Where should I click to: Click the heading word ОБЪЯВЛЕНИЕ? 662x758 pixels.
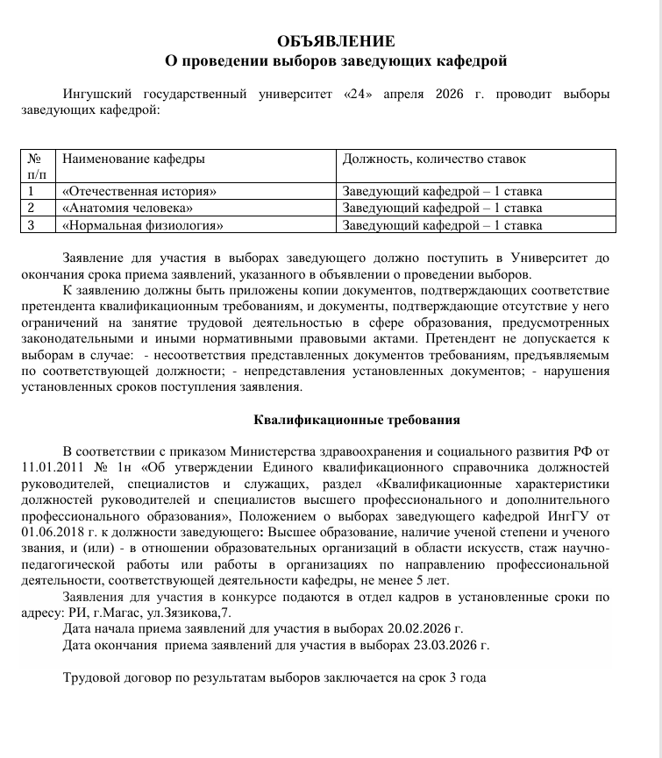click(x=335, y=41)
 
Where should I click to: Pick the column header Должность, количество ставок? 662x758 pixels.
click(x=434, y=159)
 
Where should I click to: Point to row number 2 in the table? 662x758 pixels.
click(x=32, y=208)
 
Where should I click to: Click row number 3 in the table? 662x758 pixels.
click(x=32, y=225)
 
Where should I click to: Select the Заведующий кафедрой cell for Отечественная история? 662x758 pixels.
click(x=442, y=191)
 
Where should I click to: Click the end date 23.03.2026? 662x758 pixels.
click(x=446, y=646)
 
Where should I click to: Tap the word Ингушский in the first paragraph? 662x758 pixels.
click(x=98, y=95)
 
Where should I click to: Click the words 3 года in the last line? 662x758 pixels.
click(x=466, y=678)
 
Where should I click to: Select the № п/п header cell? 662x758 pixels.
click(x=36, y=166)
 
